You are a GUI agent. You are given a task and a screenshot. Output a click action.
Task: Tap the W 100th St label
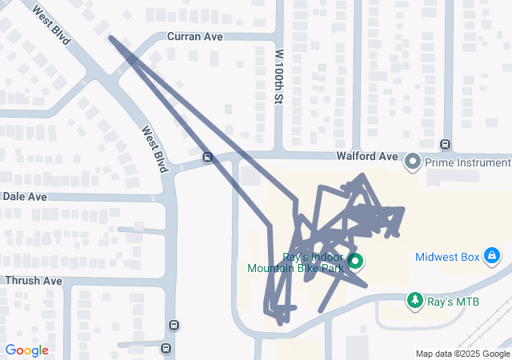(x=279, y=77)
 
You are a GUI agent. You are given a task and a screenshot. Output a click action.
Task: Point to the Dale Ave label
(x=25, y=196)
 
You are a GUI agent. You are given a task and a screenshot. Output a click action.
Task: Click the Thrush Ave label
(x=33, y=281)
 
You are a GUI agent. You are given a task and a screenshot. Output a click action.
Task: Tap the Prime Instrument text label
(x=467, y=162)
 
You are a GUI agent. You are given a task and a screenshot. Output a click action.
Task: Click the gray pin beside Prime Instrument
(x=413, y=162)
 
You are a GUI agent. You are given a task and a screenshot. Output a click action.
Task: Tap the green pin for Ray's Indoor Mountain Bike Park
(x=355, y=261)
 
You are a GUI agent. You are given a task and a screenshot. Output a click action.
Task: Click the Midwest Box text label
(x=447, y=257)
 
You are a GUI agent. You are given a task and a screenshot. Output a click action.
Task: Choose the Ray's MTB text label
(x=453, y=302)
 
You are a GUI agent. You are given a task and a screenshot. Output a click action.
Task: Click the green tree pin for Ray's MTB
(x=415, y=300)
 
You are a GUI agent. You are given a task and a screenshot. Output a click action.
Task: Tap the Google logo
(x=26, y=350)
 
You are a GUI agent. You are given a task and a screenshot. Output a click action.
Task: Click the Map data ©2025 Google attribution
(x=462, y=354)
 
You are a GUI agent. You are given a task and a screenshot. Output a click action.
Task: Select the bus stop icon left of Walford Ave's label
(x=207, y=157)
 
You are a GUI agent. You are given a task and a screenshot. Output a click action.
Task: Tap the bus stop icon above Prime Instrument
(x=446, y=144)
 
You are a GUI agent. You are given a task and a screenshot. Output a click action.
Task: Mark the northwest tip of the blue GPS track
(x=110, y=38)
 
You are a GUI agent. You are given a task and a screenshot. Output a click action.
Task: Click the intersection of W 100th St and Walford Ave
(x=278, y=154)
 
